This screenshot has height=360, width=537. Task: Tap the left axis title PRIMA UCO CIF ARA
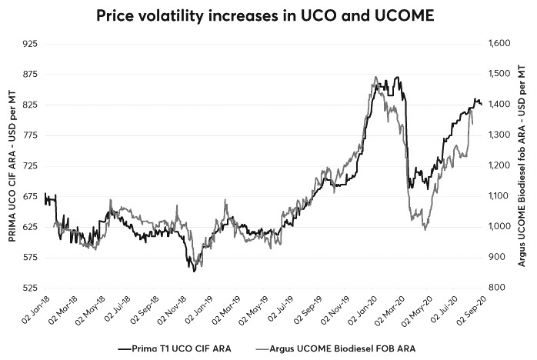point(11,165)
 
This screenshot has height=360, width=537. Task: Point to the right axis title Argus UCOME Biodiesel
point(523,165)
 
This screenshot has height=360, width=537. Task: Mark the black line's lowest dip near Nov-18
point(194,271)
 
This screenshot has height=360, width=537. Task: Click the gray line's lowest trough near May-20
point(425,229)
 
